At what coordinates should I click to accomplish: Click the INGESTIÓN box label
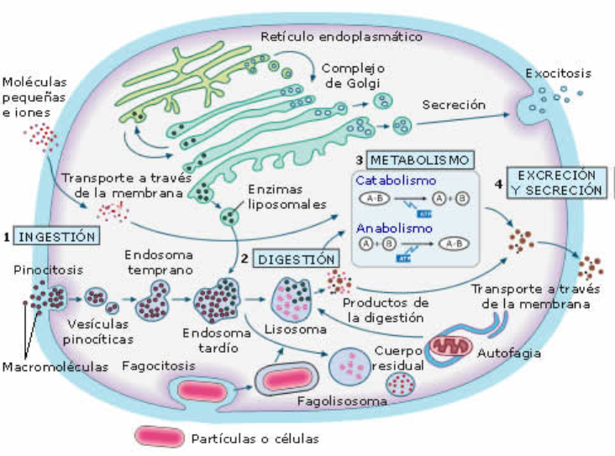[x=58, y=236]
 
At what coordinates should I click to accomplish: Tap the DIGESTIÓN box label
[x=297, y=259]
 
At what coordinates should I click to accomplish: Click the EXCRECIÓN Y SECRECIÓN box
[x=560, y=182]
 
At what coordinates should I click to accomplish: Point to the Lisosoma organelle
[x=291, y=298]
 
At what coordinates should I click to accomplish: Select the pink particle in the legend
[x=160, y=438]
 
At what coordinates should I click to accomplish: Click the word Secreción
[x=454, y=105]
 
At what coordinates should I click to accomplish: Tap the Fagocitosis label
[x=159, y=367]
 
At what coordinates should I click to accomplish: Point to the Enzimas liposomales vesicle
[x=229, y=218]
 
